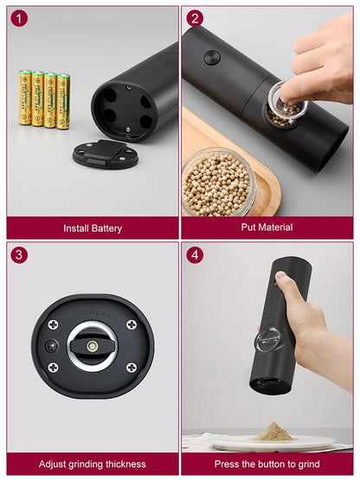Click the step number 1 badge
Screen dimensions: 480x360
pyautogui.click(x=19, y=18)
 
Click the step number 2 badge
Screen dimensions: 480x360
pyautogui.click(x=195, y=18)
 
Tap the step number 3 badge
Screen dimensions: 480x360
pyautogui.click(x=19, y=255)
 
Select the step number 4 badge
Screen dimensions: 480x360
pyautogui.click(x=195, y=255)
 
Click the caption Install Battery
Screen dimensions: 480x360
pyautogui.click(x=93, y=228)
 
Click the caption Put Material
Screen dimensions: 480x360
pyautogui.click(x=267, y=227)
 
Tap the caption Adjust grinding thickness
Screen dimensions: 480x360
pyautogui.click(x=93, y=464)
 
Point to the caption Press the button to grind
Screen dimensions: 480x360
pyautogui.click(x=267, y=464)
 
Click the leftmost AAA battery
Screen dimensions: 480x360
pyautogui.click(x=26, y=98)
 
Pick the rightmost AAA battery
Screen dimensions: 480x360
pyautogui.click(x=63, y=100)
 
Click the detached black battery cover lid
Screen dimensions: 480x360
pyautogui.click(x=105, y=154)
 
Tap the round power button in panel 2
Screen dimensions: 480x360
pyautogui.click(x=211, y=57)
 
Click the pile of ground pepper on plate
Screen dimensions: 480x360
pyautogui.click(x=273, y=431)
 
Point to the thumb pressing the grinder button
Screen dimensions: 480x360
pyautogui.click(x=285, y=281)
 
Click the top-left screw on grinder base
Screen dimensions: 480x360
pyautogui.click(x=53, y=324)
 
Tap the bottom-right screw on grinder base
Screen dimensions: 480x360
pyautogui.click(x=130, y=367)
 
